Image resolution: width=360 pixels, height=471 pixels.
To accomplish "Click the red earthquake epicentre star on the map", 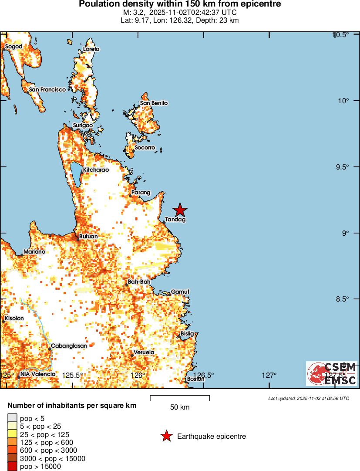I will tap(180, 210).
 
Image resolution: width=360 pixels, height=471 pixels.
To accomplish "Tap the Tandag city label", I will tap(176, 220).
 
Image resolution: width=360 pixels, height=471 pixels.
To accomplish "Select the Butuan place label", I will tap(88, 237).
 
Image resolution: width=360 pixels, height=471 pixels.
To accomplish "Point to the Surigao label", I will tap(83, 125).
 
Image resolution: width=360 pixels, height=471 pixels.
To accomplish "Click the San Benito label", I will tap(154, 103).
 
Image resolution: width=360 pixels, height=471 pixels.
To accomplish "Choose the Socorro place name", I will tap(145, 148).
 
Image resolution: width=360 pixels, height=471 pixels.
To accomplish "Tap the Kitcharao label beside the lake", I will tap(96, 169).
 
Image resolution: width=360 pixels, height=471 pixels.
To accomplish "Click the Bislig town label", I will tap(187, 334).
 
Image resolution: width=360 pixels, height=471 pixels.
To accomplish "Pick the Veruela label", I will tap(144, 352).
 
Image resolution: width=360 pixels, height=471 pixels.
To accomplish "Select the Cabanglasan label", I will tap(69, 346).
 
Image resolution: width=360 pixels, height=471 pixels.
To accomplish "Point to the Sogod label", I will tap(13, 47).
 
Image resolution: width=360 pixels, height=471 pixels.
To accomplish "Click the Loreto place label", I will tap(91, 49).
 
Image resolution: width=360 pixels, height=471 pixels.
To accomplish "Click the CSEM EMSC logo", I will tap(332, 374).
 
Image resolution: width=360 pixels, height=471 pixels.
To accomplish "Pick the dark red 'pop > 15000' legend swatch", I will tap(13, 467).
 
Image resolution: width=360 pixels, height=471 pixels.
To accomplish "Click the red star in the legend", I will tap(166, 436).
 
